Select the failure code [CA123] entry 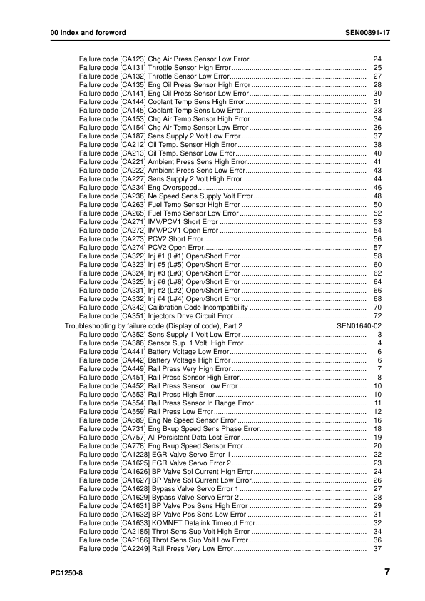[164, 59]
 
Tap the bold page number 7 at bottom [386, 572]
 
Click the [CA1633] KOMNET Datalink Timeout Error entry [168, 523]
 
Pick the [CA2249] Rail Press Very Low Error [157, 549]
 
